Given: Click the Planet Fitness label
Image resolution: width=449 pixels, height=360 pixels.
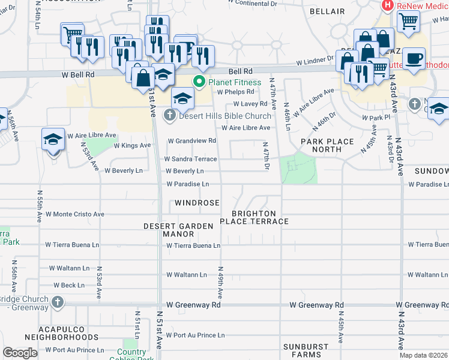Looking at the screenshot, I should (235, 82).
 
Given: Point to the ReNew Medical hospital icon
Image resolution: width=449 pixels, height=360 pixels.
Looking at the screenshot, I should (387, 6).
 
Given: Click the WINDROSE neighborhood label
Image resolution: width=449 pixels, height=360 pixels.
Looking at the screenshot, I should (197, 203).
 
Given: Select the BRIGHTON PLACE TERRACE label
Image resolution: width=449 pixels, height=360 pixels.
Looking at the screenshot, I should (255, 218).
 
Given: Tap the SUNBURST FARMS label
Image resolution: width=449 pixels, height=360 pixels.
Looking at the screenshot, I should (306, 350).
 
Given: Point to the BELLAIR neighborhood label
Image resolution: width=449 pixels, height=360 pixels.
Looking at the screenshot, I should (327, 11).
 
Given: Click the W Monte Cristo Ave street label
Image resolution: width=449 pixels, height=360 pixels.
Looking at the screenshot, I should (75, 214).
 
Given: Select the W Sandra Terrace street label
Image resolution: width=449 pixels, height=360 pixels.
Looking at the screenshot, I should (190, 159).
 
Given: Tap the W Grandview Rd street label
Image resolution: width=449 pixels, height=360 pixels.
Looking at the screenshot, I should (191, 141).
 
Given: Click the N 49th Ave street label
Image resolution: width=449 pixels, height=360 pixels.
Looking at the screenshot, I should (221, 283).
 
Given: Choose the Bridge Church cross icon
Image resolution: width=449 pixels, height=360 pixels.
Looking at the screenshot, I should (57, 301).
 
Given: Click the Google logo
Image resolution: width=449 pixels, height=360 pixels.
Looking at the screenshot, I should (20, 353).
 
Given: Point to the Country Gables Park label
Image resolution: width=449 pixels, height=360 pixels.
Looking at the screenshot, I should (131, 356).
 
